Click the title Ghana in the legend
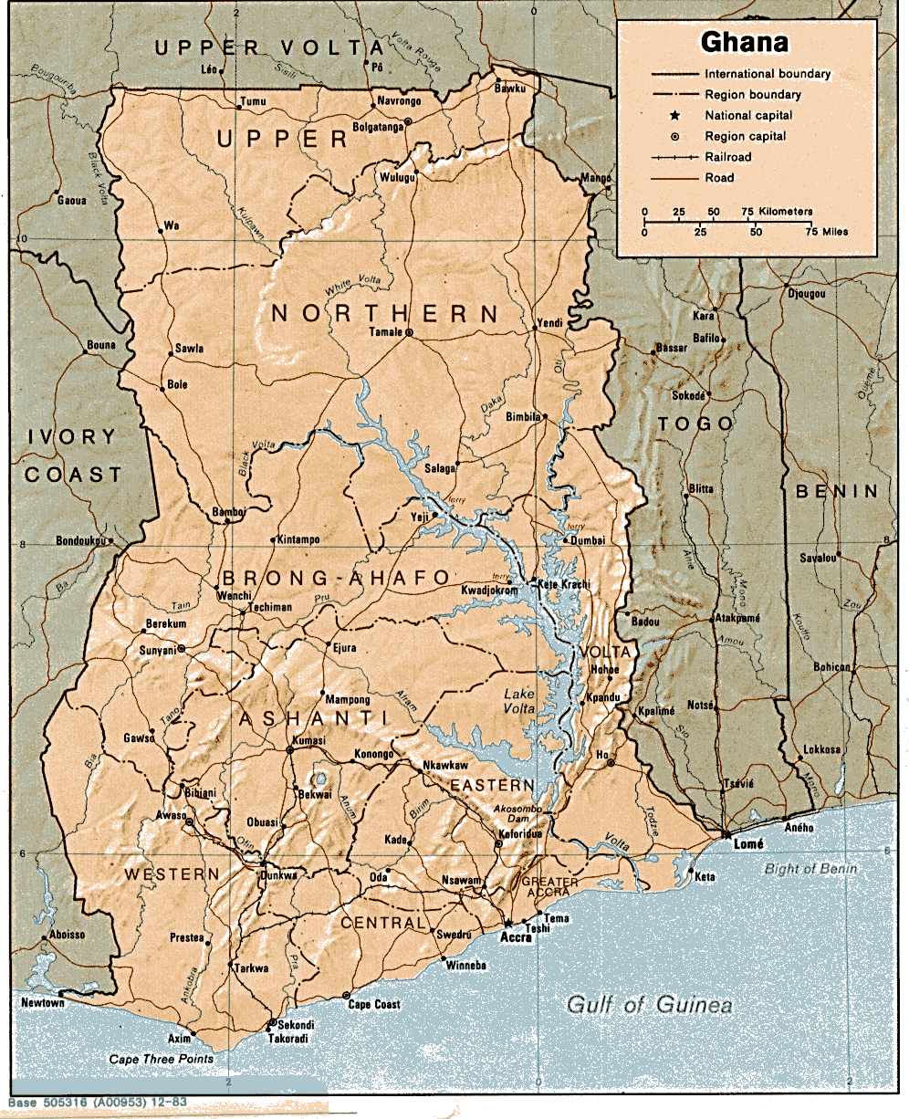point(744,43)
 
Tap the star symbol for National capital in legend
point(674,116)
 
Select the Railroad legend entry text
point(727,157)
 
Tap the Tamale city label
point(384,332)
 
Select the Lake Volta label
point(519,703)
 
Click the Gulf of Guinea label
point(649,1006)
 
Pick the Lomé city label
point(748,846)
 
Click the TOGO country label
point(695,424)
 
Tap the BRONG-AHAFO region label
point(335,578)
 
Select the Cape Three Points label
point(161,1059)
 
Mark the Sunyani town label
point(156,650)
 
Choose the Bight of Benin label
point(810,869)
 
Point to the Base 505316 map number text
point(94,1103)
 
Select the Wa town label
point(170,225)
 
